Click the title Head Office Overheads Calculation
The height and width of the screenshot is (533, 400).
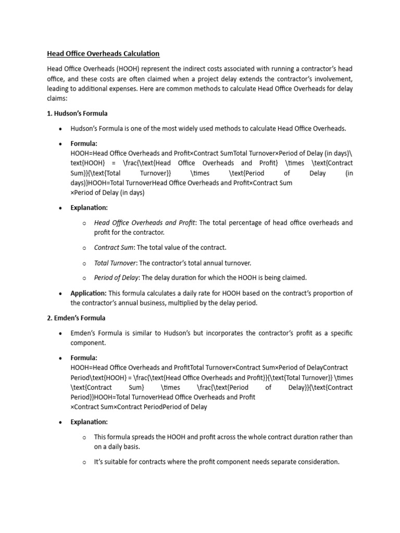[103, 54]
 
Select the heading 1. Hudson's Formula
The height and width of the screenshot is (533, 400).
[77, 113]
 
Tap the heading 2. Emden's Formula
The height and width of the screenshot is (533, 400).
[76, 318]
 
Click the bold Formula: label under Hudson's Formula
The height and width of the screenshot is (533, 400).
[84, 144]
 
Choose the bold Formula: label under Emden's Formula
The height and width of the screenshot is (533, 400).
[84, 358]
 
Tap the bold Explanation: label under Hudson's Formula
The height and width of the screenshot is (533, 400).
[89, 208]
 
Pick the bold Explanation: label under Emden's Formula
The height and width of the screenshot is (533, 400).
[89, 422]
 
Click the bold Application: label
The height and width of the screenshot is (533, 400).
[89, 293]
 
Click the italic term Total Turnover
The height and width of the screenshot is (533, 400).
[115, 263]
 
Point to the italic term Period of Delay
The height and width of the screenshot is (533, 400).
[117, 278]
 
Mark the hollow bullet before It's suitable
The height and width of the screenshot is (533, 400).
[84, 462]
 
